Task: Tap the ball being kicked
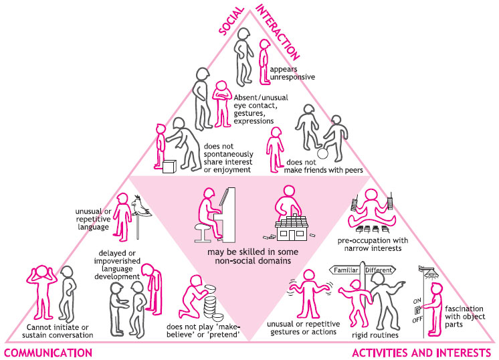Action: [x=322, y=153]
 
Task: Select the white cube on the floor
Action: [x=169, y=167]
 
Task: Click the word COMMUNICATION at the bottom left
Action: [x=48, y=353]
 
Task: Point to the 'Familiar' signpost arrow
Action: [x=344, y=270]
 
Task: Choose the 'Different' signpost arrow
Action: [x=380, y=270]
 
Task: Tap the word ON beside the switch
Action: [x=417, y=301]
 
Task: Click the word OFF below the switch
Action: [x=417, y=319]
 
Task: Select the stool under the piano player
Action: [x=203, y=232]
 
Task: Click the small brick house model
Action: [x=292, y=228]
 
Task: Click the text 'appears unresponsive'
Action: [x=292, y=73]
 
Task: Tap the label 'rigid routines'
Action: [x=375, y=335]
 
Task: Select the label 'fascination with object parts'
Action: [x=465, y=317]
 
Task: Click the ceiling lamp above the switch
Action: [x=428, y=272]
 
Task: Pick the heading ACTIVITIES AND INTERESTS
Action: [x=421, y=353]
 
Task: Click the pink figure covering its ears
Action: [x=42, y=292]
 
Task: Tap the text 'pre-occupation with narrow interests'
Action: [x=373, y=244]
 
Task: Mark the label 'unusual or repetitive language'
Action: [x=93, y=219]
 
